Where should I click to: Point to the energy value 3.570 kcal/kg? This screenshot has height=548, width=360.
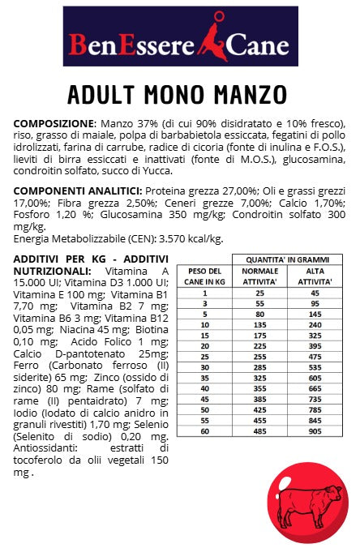point(187,238)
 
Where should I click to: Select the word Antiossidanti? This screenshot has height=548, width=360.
point(47,447)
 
